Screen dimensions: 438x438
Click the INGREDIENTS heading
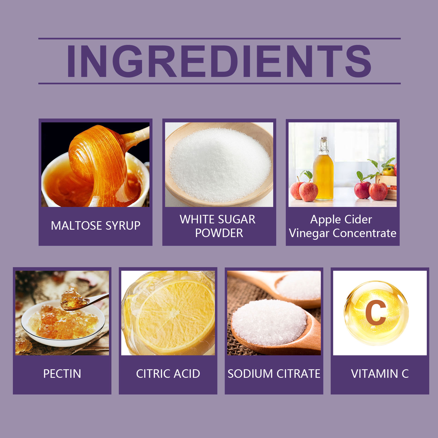219,61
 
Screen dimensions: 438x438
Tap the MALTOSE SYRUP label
96,226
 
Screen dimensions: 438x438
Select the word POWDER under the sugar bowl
219,233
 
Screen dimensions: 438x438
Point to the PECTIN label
62,374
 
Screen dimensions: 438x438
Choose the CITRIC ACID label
168,374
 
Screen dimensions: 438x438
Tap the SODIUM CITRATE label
274,374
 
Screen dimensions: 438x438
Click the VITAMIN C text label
380,374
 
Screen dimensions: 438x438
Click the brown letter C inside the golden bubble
376,312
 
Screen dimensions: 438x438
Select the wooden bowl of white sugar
219,164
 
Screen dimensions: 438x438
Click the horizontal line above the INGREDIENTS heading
220,39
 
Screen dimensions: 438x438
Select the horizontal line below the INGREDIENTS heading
220,83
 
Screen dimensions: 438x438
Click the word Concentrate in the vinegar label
365,233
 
